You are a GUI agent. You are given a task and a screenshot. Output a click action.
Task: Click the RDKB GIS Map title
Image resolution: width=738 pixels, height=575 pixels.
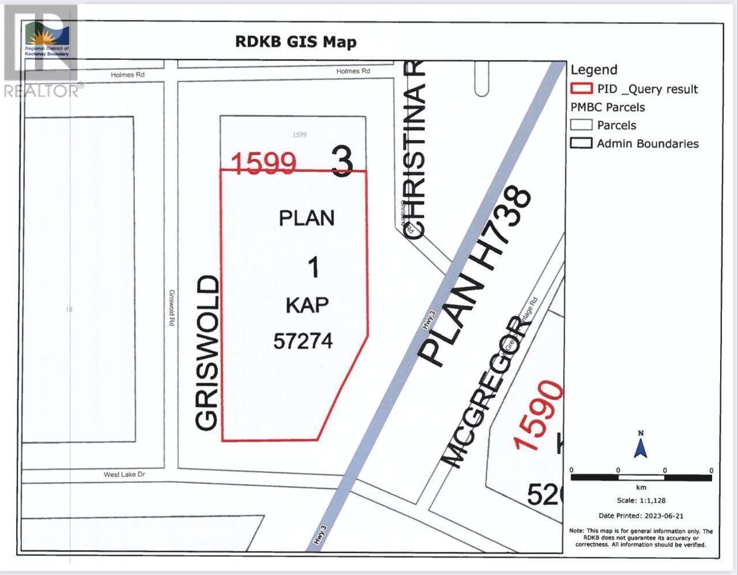point(296,42)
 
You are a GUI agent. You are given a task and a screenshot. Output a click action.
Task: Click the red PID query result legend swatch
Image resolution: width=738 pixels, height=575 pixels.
point(581,89)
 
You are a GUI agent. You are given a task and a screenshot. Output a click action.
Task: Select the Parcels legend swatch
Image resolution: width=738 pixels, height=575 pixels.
point(581,125)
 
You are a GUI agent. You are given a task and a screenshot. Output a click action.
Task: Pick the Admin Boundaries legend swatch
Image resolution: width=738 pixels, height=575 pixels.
point(581,143)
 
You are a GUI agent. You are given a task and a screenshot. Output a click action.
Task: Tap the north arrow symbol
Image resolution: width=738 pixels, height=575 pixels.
point(641,445)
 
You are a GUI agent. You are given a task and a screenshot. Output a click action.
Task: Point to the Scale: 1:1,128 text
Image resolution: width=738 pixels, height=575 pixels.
point(641,501)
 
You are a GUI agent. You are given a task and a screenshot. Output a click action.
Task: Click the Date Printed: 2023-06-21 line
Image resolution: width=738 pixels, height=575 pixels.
point(641,516)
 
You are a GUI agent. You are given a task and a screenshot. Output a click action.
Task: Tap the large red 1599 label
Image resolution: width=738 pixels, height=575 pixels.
point(264,164)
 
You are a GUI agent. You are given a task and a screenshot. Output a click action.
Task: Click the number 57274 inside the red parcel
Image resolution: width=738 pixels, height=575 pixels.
point(303,341)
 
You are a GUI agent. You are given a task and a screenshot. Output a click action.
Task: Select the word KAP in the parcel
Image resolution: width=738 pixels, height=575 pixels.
point(307,305)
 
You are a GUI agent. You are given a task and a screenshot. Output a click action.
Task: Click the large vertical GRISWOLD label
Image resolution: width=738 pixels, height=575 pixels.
point(208,353)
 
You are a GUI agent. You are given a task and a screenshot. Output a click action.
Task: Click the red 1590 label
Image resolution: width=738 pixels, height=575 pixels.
point(540,415)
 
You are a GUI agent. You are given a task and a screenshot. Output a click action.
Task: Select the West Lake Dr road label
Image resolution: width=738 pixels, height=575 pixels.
point(124,475)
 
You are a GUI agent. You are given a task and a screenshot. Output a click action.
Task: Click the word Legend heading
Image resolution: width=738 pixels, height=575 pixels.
point(594,70)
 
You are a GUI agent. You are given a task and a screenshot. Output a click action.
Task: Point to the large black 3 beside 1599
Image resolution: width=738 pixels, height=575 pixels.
point(342,161)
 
